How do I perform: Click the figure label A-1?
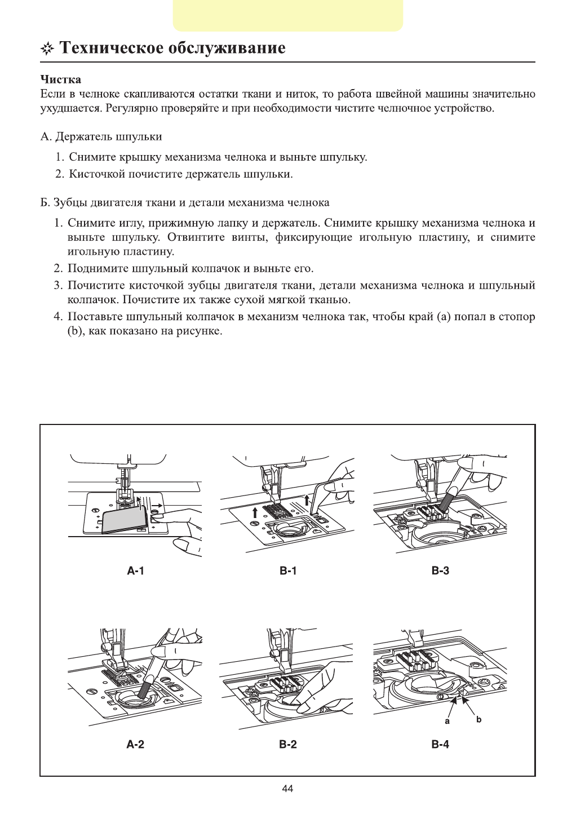135,571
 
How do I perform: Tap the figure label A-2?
135,744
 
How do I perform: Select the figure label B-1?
288,571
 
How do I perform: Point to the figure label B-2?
288,744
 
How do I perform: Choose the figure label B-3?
440,571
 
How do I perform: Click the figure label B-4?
440,744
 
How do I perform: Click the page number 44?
287,789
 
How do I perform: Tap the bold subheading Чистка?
61,79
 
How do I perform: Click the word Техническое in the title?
111,48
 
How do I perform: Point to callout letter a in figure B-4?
447,720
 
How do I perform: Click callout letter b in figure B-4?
479,719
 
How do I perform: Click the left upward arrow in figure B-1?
255,512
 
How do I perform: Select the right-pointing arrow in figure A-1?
157,506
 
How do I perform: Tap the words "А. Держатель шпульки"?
101,137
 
